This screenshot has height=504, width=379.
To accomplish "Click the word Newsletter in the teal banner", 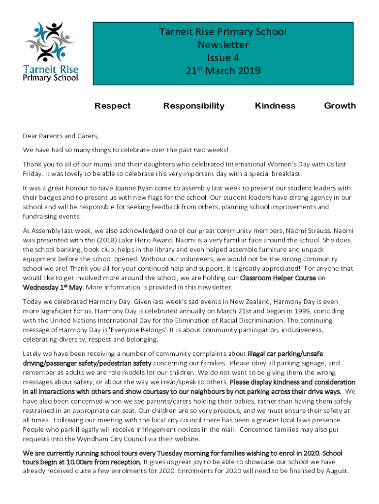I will click(222, 45).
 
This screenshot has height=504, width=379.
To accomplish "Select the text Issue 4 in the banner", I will click(222, 58).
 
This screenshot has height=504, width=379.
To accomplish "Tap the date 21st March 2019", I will click(222, 71).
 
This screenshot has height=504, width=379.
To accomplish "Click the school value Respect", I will click(113, 106).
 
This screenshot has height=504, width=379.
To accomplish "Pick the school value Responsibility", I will click(193, 106).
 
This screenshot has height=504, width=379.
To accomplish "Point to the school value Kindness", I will click(275, 106).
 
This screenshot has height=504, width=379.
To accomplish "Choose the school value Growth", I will click(340, 106).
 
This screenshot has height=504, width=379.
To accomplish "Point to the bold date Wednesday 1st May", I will click(53, 287).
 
